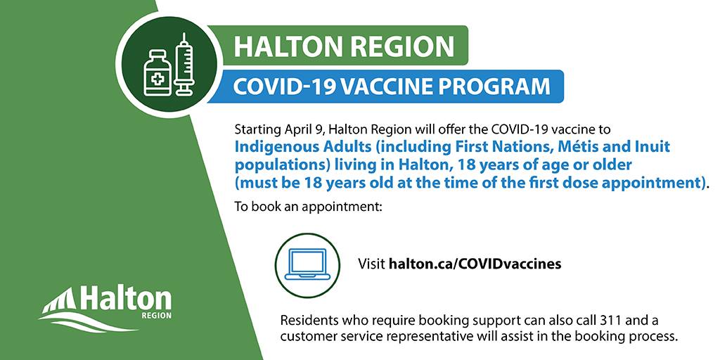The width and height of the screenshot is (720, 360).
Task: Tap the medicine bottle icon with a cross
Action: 157,73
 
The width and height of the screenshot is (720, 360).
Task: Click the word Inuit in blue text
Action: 655,147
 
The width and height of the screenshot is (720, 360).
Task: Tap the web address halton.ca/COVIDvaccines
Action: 475,264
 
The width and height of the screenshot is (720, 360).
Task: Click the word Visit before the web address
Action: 371,264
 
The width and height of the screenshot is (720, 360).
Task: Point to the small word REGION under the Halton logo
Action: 157,316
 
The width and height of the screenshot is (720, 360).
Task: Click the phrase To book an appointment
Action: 308,206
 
